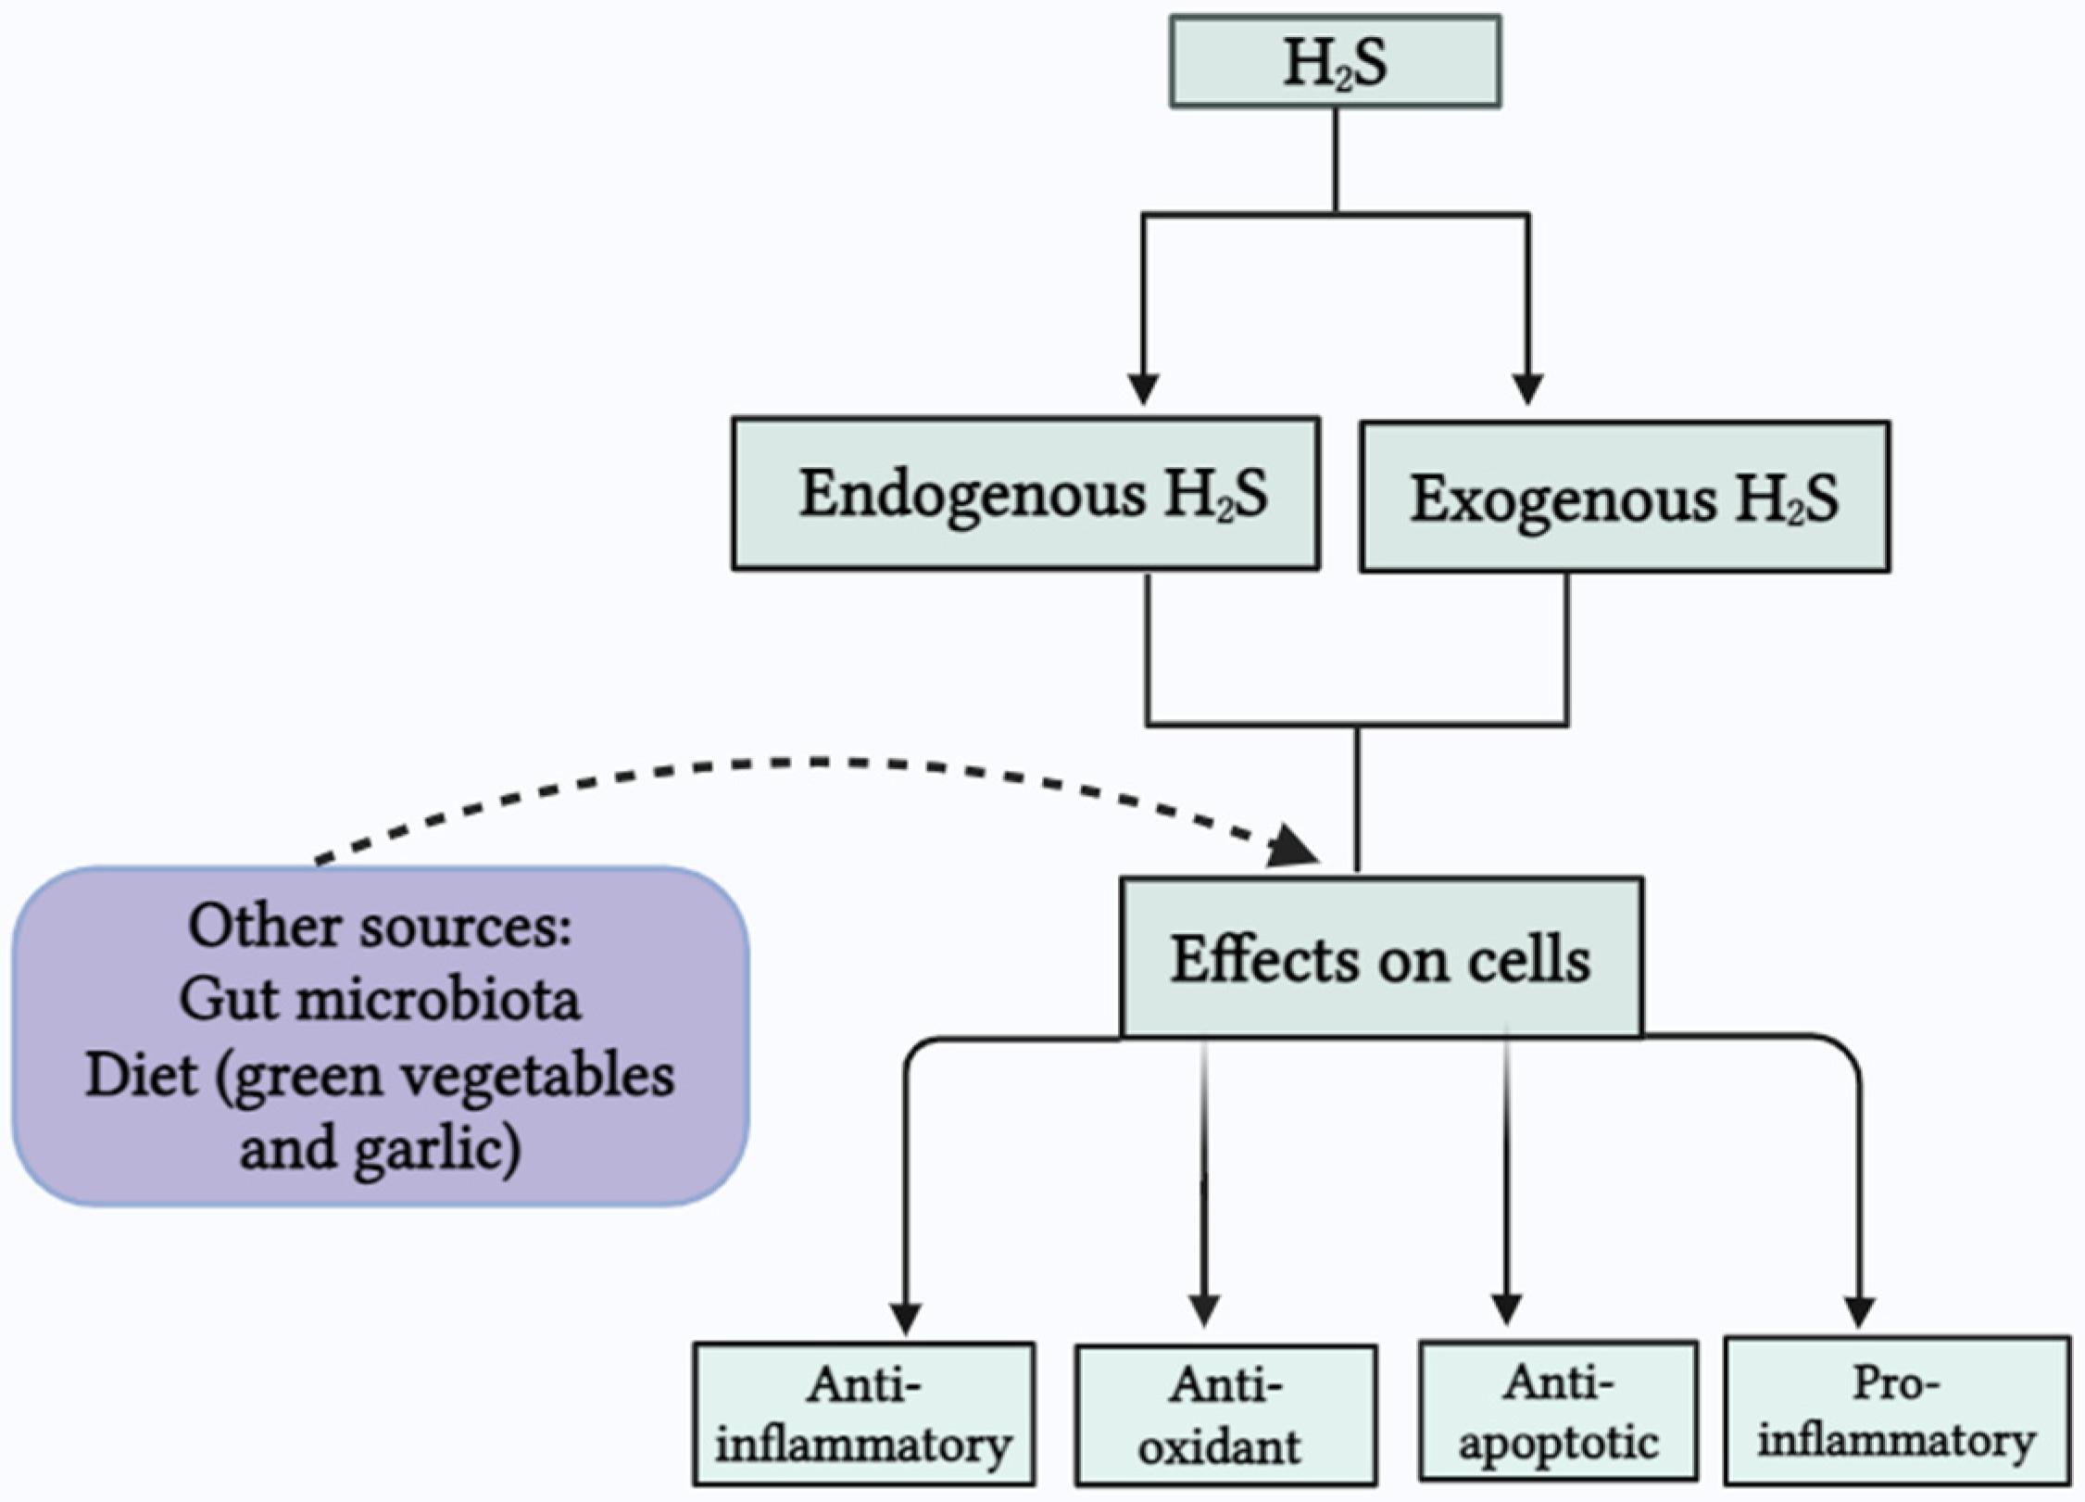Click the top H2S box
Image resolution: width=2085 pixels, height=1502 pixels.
click(x=1335, y=62)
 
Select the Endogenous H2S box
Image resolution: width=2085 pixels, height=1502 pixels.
click(x=1025, y=494)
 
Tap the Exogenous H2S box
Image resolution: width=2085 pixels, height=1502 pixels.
click(x=1625, y=498)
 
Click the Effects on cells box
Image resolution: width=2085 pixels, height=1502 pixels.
click(x=1381, y=958)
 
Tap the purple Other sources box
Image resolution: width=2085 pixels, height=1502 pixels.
click(x=380, y=1036)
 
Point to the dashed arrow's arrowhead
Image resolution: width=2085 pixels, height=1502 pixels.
click(x=1295, y=847)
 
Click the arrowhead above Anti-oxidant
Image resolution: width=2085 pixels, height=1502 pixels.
click(x=1204, y=1310)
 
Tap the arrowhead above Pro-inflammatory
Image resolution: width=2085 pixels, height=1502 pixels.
click(x=1859, y=1310)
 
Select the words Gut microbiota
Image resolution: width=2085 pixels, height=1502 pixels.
click(x=380, y=1000)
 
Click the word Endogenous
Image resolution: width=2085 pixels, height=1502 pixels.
click(x=972, y=494)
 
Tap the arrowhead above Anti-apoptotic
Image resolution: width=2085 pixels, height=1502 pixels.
click(x=1507, y=1308)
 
